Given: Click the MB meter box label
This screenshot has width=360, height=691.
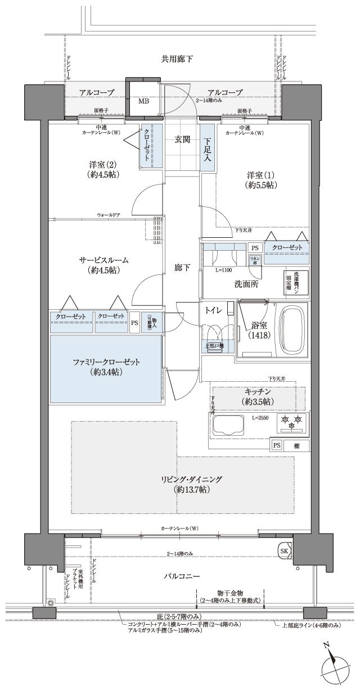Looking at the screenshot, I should click(x=144, y=101).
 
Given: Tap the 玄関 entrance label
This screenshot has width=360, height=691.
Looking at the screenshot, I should click(x=181, y=139).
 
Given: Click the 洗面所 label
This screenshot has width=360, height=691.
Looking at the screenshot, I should click(x=246, y=284).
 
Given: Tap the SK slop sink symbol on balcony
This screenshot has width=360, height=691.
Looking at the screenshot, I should click(x=284, y=550).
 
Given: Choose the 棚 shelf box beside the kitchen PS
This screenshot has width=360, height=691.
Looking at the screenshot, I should click(x=296, y=445).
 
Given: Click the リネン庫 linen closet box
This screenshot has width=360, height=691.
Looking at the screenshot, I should click(x=254, y=260).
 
